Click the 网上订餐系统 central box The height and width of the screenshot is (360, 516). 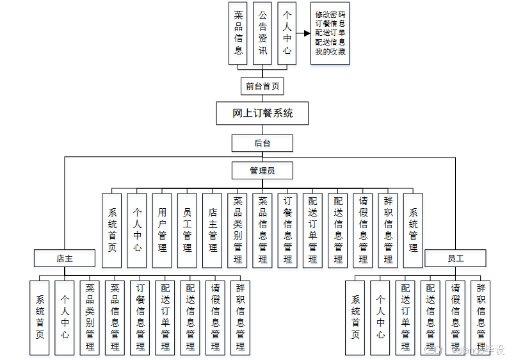click(x=262, y=113)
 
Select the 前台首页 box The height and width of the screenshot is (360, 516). click(x=262, y=86)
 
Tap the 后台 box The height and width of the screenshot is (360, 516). click(x=262, y=143)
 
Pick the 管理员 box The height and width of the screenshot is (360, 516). click(x=262, y=170)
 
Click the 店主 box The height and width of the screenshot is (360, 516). click(x=65, y=258)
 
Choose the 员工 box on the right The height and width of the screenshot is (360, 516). click(x=455, y=258)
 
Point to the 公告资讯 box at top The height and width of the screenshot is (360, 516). click(x=262, y=33)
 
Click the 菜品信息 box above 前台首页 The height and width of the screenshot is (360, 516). click(x=238, y=33)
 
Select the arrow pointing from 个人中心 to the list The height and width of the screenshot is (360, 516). click(x=303, y=33)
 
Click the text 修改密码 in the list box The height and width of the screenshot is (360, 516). click(x=330, y=14)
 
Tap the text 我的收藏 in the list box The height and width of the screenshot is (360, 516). click(x=330, y=52)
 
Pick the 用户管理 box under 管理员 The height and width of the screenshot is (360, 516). click(x=163, y=230)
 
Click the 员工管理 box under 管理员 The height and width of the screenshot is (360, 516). click(x=188, y=230)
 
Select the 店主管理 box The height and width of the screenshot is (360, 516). click(x=213, y=230)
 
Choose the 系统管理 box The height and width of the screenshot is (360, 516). click(x=414, y=230)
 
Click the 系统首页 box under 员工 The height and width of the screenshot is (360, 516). click(x=355, y=317)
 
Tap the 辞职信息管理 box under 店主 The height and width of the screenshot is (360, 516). click(x=240, y=317)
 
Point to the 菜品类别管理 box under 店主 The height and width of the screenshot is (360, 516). click(x=90, y=317)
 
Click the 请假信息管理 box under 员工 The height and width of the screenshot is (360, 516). click(x=455, y=317)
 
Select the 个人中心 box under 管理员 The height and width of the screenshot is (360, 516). click(x=137, y=230)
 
